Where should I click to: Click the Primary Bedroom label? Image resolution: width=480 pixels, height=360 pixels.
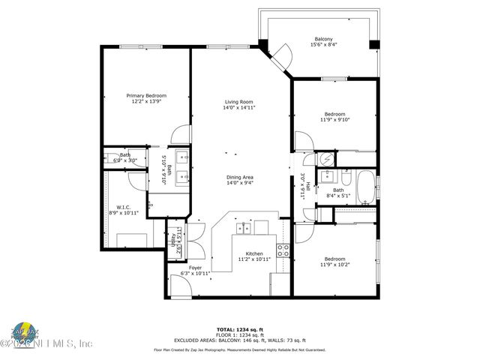tap(146, 96)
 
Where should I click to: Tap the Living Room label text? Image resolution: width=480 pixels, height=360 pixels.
tap(239, 102)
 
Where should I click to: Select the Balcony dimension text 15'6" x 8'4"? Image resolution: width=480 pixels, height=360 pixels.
tap(323, 45)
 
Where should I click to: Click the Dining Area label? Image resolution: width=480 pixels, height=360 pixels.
tap(239, 177)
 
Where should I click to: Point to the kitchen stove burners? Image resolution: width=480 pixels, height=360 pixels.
tap(283, 250)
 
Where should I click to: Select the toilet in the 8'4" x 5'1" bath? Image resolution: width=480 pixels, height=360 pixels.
tap(346, 178)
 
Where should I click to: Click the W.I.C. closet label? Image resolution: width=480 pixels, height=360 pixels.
tap(124, 207)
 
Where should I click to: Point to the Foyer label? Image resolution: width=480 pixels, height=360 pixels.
tap(195, 268)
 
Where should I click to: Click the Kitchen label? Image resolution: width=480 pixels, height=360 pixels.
tap(254, 254)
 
